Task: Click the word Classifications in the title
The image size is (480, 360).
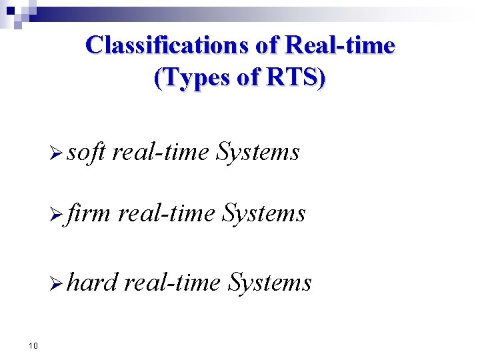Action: [169, 45]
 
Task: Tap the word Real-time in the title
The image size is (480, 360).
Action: [339, 45]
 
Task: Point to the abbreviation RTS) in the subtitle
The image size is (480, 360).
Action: [296, 78]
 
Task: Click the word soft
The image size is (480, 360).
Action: [86, 152]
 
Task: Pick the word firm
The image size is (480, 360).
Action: [89, 213]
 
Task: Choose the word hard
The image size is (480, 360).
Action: [92, 282]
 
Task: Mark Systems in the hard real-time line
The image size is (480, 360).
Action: [269, 283]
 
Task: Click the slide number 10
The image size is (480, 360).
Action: [33, 345]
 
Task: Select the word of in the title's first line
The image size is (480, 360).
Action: [268, 45]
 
